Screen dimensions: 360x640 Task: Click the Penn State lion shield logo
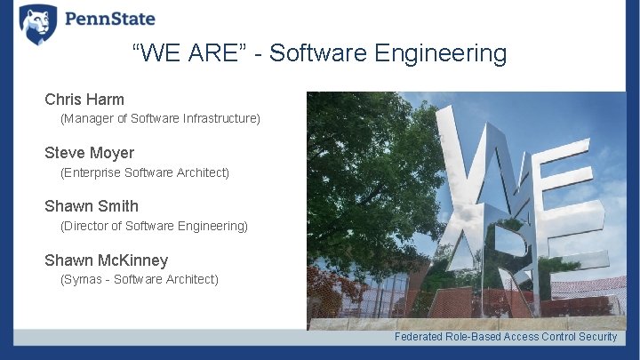[x=37, y=24]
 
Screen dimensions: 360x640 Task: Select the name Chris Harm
[x=84, y=99]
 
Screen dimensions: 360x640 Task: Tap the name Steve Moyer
[x=89, y=153]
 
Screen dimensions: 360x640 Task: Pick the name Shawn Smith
[x=92, y=206]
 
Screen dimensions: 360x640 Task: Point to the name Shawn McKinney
[x=106, y=260]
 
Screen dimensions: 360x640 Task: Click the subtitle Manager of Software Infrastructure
[x=160, y=118]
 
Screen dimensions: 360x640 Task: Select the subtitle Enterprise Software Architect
[x=144, y=172]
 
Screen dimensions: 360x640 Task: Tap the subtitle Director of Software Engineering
[x=154, y=226]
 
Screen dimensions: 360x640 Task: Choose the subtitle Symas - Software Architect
[x=139, y=279]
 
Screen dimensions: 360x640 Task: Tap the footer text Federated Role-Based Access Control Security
[x=505, y=337]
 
